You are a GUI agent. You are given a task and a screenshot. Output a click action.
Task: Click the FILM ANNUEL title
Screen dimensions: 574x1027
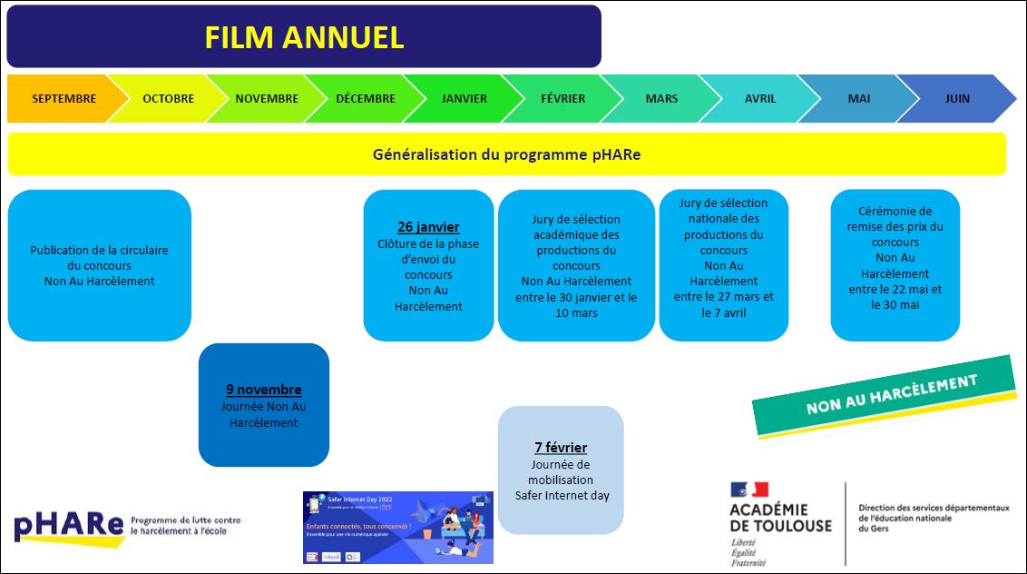click(x=304, y=37)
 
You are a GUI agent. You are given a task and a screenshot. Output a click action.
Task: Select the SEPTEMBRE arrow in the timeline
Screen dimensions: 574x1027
click(x=64, y=99)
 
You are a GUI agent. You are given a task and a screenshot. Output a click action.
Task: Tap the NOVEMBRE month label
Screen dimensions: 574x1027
click(x=266, y=99)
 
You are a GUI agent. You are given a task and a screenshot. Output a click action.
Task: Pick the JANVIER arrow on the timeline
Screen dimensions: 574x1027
click(x=464, y=99)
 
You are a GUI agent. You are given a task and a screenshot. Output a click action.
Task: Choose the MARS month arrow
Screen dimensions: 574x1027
click(x=661, y=99)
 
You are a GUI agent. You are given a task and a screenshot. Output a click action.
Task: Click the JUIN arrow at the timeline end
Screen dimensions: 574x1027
click(x=957, y=99)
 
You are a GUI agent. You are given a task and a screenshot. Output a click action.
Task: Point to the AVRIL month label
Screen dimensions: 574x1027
click(x=760, y=99)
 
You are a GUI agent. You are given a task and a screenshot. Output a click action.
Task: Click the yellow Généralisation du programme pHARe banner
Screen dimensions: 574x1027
click(x=506, y=154)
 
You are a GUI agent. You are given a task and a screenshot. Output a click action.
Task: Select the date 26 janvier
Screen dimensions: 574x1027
click(x=428, y=227)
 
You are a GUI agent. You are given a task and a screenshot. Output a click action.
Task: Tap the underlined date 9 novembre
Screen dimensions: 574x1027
click(x=264, y=390)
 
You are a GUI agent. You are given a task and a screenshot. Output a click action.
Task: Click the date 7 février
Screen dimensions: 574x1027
click(x=561, y=448)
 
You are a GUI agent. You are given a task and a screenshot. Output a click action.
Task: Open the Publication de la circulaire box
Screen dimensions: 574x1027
click(x=99, y=265)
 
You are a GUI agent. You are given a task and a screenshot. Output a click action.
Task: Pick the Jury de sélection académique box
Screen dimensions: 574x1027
click(x=576, y=266)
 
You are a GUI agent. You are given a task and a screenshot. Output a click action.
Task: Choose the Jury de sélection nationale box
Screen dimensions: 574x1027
click(x=724, y=265)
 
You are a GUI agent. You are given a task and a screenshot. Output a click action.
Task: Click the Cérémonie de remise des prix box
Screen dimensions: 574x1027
click(x=895, y=265)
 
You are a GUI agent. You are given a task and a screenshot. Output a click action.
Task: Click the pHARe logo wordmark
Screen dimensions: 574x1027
click(x=69, y=526)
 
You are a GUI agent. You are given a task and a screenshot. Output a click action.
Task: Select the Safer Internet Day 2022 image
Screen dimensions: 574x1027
click(x=397, y=528)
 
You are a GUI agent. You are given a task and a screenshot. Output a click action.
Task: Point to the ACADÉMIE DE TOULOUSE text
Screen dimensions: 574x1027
click(x=780, y=518)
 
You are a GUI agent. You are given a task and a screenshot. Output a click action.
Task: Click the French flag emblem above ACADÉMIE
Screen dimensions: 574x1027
click(x=748, y=490)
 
